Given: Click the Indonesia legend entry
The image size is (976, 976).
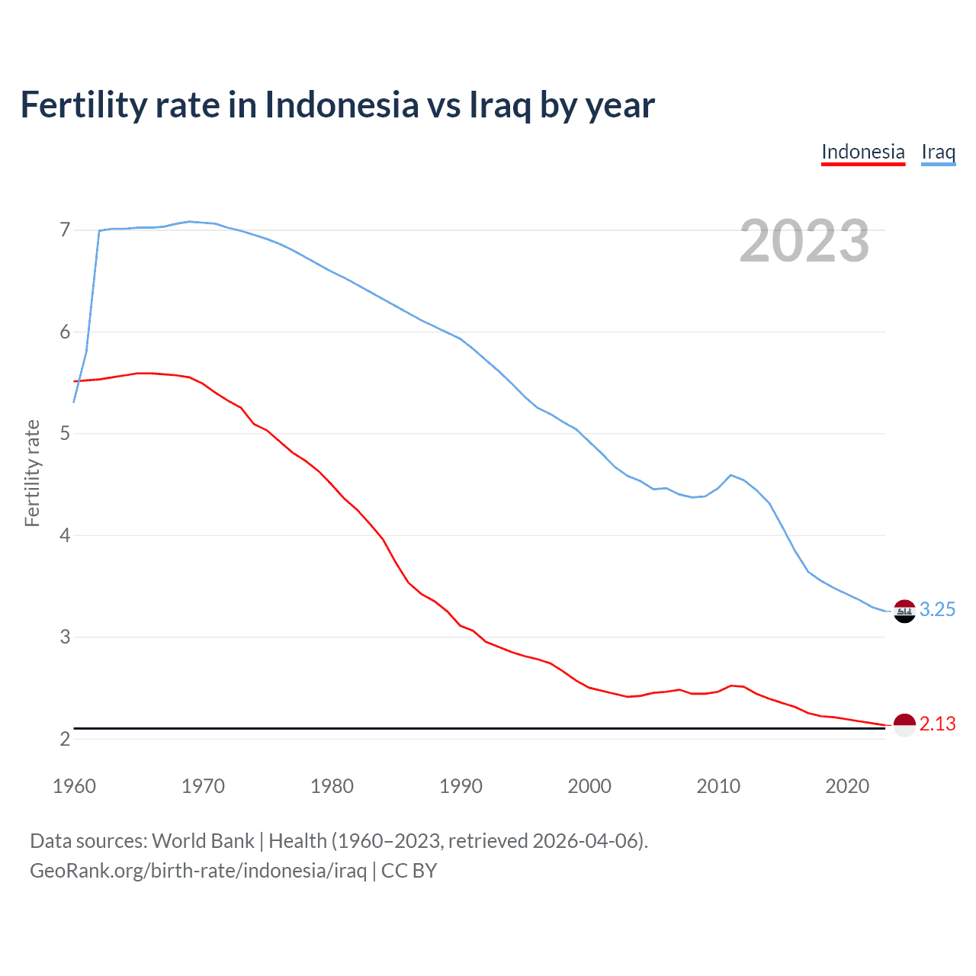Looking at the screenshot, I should (x=862, y=152).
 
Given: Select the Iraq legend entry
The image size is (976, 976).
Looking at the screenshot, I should (x=938, y=152).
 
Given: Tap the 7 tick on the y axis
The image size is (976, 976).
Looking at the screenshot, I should (x=64, y=230).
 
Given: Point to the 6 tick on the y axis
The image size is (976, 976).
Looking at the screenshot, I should (x=64, y=332).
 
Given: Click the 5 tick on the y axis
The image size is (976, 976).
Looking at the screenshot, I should (x=64, y=434).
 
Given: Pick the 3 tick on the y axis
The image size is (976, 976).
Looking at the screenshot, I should (x=64, y=637).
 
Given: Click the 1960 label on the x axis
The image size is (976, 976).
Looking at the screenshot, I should (x=74, y=786).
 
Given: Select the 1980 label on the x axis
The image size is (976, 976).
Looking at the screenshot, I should (x=332, y=786).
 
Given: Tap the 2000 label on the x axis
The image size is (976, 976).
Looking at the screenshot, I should (x=589, y=786).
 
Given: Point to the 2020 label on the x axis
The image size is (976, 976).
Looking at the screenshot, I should (x=847, y=786).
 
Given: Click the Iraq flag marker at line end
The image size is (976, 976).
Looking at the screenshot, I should (x=904, y=611).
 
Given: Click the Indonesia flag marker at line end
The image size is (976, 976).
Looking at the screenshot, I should (x=904, y=725).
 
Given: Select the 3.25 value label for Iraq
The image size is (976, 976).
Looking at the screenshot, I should (x=937, y=610).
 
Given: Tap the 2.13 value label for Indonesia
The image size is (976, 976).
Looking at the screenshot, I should (x=937, y=724).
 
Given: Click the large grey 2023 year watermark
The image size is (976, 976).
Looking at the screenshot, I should (x=804, y=241).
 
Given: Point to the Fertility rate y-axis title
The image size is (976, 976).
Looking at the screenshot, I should (x=32, y=473).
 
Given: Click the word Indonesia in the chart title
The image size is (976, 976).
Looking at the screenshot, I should (x=342, y=104).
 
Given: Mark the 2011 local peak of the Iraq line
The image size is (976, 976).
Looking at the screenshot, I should (x=731, y=475).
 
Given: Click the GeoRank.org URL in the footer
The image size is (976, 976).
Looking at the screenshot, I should (x=198, y=871).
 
